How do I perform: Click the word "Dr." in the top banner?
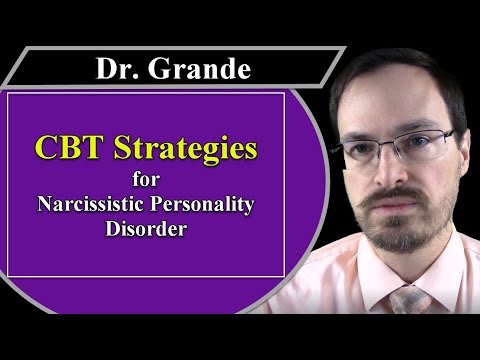click(116, 69)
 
